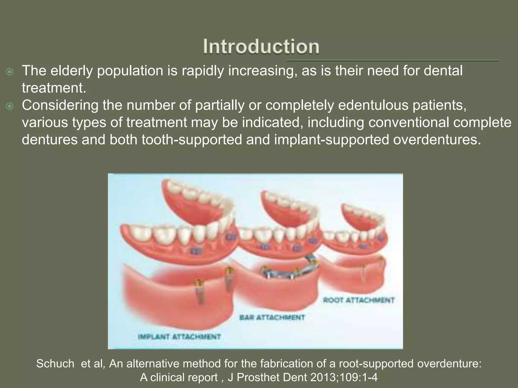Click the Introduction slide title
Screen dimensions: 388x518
[x=261, y=47]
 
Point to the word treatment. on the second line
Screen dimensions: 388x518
[x=54, y=88]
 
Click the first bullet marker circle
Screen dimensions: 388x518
[x=10, y=72]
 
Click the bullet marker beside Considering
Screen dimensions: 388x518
[x=10, y=107]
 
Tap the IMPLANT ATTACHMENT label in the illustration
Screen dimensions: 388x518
[x=179, y=337]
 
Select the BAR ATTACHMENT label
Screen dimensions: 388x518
[x=272, y=318]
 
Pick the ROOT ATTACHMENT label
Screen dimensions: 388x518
[x=359, y=300]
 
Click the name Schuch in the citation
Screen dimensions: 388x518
[x=55, y=364]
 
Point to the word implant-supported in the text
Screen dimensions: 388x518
[x=331, y=140]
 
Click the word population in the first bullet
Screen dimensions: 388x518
[x=130, y=70]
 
